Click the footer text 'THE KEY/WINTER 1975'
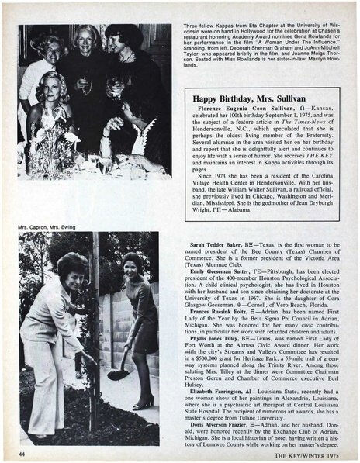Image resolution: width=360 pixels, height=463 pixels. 312,454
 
